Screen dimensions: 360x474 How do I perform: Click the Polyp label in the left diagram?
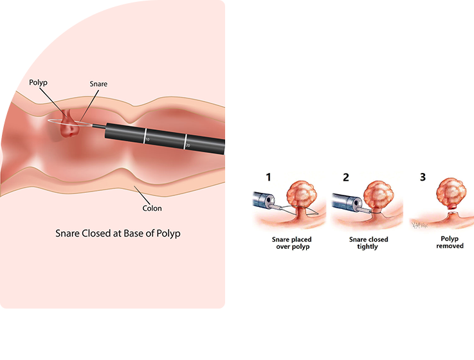(38, 84)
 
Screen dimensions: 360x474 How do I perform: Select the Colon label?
(152, 208)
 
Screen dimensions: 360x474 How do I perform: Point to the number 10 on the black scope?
(147, 138)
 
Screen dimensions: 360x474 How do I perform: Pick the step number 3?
(423, 177)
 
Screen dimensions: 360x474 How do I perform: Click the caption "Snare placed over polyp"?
(291, 242)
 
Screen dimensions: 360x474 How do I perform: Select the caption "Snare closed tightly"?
(369, 242)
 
